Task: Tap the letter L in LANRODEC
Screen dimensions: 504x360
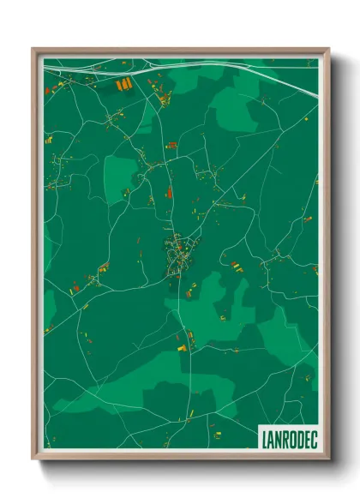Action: tap(262, 438)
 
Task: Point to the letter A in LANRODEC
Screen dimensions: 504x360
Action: tap(268, 438)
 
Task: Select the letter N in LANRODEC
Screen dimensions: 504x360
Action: tap(275, 438)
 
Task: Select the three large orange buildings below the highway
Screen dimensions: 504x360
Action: tap(123, 84)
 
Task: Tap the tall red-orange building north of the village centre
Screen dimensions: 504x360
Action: tap(170, 194)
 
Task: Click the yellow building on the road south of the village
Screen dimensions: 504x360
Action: tap(181, 348)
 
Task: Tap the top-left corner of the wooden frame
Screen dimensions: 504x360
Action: tap(33, 49)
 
